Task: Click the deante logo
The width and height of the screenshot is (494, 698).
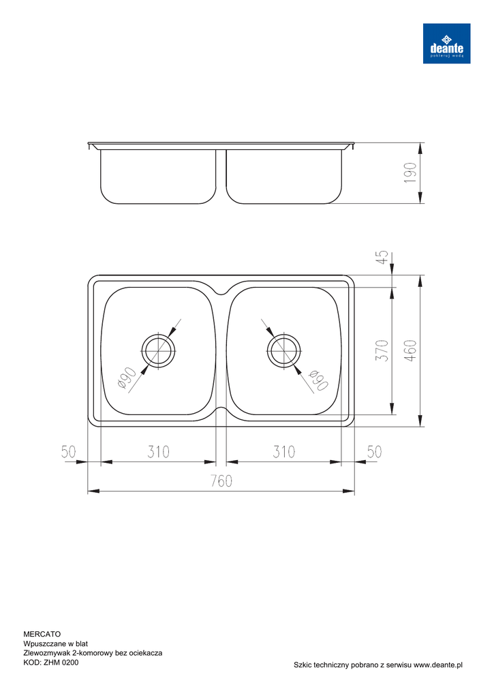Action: (446, 43)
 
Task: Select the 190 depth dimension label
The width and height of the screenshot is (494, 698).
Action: (411, 173)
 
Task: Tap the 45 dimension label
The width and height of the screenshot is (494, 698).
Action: (383, 257)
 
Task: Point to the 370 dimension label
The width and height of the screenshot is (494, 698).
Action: (382, 350)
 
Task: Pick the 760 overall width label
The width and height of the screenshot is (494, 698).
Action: (221, 481)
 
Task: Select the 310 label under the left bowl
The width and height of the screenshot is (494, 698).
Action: (159, 452)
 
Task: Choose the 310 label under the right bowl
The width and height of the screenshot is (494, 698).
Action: (283, 452)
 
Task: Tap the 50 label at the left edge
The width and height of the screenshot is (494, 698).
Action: (69, 452)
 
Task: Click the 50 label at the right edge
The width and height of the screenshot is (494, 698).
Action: (374, 452)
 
